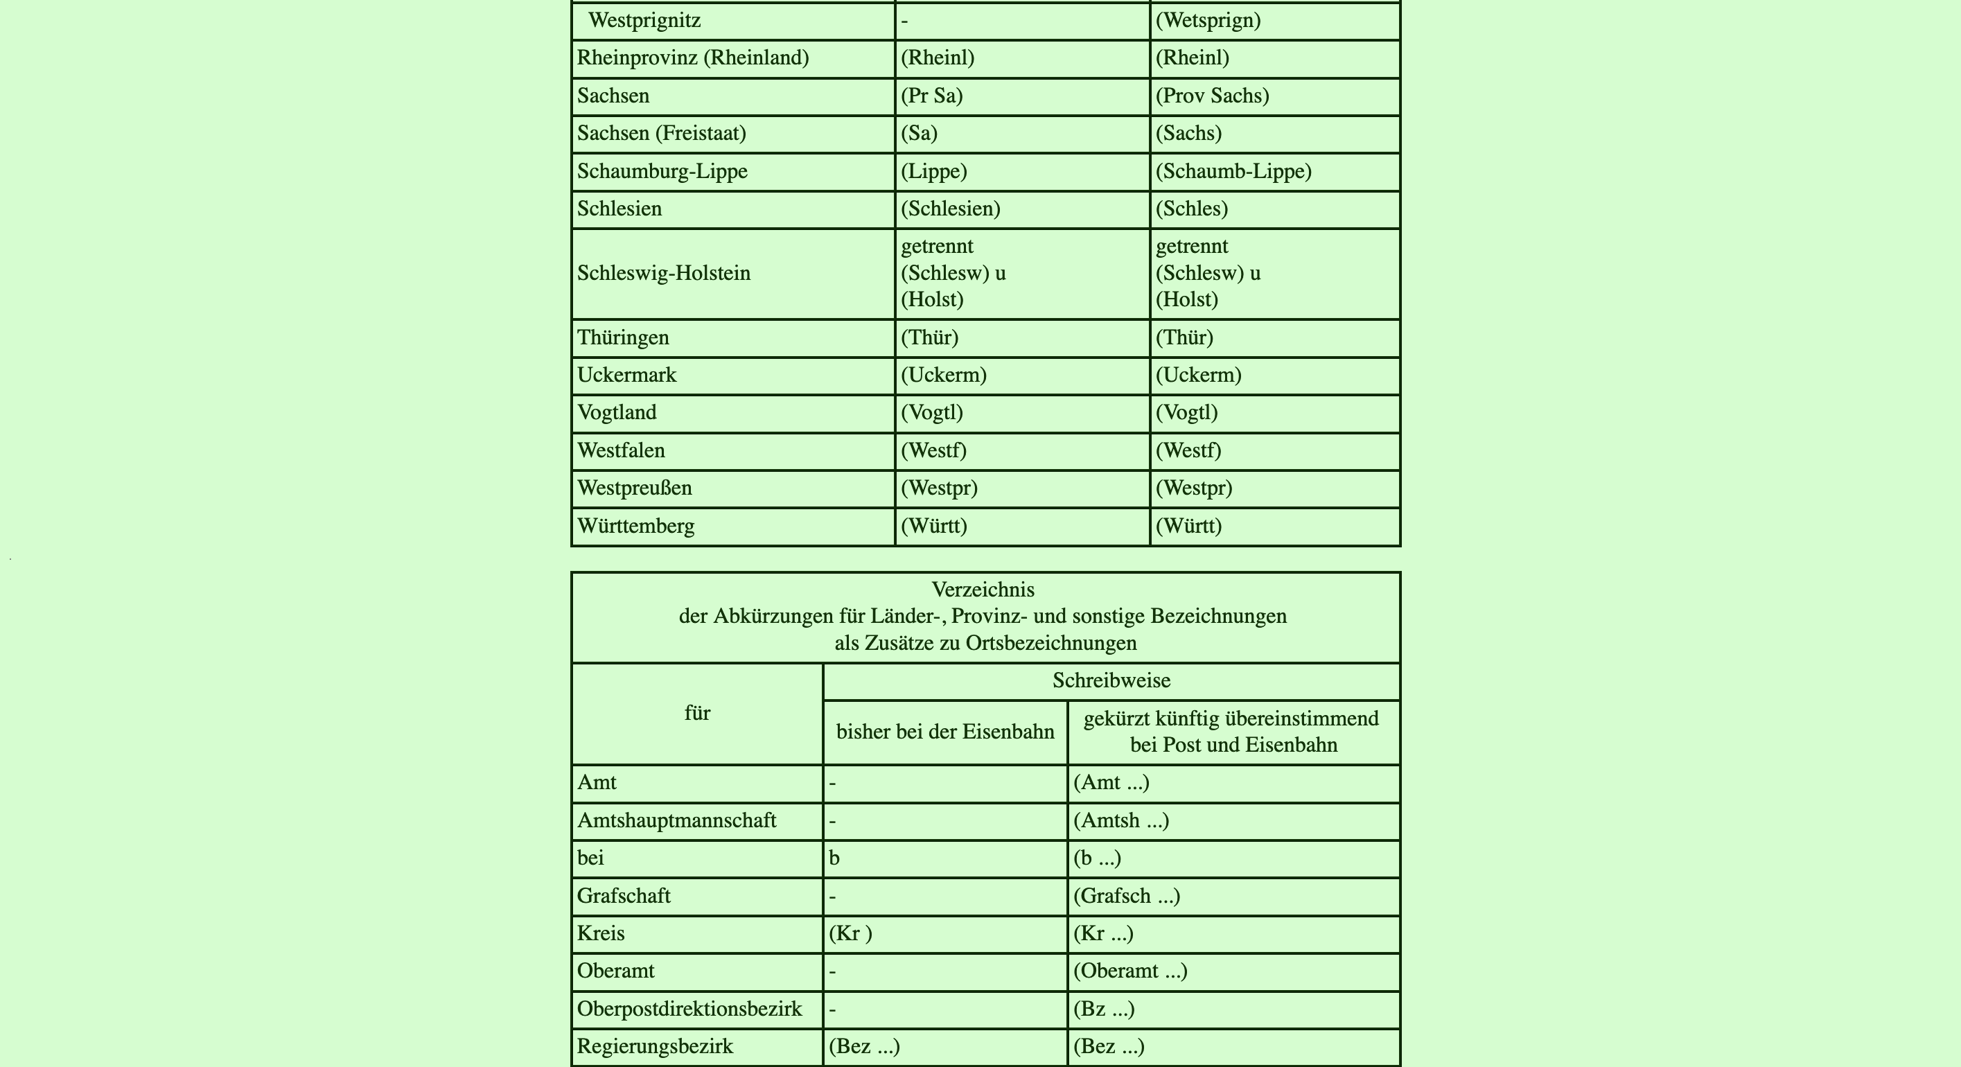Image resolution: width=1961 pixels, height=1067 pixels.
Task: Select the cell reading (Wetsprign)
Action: click(1208, 21)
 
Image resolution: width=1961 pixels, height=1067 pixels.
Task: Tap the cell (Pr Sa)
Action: click(932, 96)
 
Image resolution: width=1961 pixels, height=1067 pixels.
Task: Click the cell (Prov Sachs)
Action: click(1212, 96)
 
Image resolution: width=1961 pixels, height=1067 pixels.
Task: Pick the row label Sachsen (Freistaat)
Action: click(661, 133)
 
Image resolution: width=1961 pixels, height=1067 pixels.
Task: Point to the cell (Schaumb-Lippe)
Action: click(1233, 171)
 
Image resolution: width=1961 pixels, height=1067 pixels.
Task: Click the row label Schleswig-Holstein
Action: click(663, 273)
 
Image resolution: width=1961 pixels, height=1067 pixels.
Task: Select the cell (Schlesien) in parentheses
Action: click(950, 209)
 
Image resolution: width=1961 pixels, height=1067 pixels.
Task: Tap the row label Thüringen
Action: click(623, 337)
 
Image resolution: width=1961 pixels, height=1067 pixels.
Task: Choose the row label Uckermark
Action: click(626, 376)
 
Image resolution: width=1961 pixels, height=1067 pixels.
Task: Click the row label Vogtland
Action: click(617, 412)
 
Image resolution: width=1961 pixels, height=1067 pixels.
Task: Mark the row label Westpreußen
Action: click(634, 488)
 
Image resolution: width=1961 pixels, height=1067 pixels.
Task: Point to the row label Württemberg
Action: click(635, 526)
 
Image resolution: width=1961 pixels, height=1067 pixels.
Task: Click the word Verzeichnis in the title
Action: click(983, 590)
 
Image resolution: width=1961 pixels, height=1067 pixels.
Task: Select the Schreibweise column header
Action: click(1111, 680)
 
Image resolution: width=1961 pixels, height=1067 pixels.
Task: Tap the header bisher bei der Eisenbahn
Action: click(944, 732)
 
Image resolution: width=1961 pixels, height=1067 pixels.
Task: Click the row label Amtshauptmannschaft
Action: click(676, 820)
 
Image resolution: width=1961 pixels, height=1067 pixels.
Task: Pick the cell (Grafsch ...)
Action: click(1126, 896)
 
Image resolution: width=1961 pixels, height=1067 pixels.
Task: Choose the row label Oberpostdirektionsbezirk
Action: click(689, 1009)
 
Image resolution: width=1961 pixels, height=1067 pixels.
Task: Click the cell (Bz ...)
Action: click(1103, 1009)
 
